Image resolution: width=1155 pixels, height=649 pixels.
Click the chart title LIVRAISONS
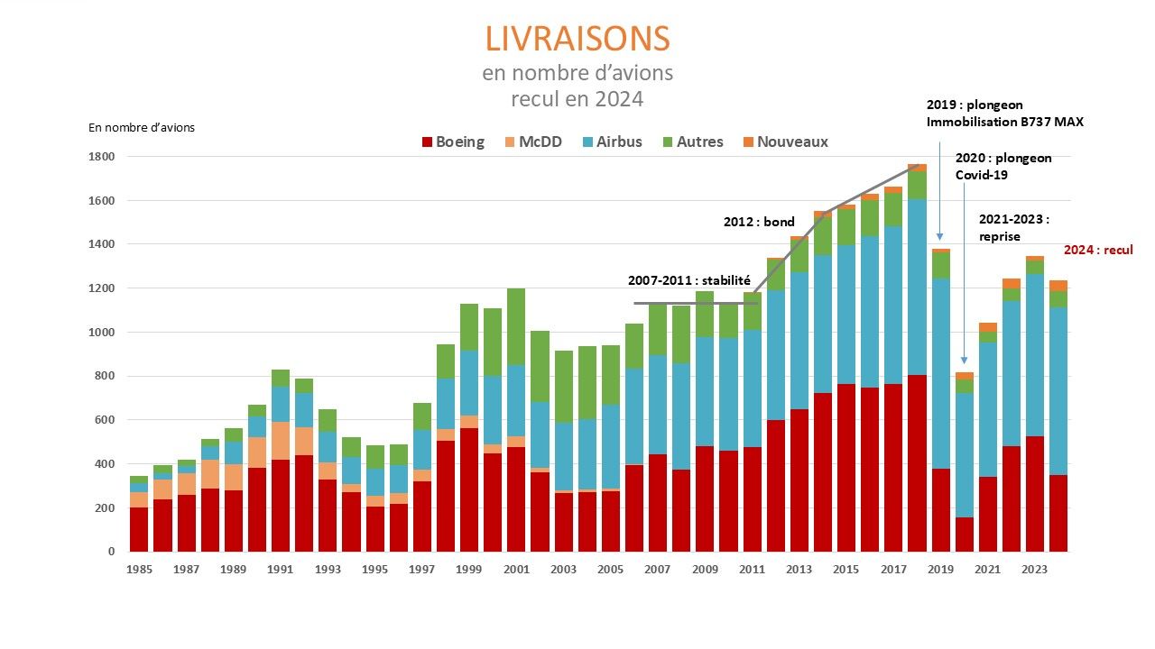[577, 39]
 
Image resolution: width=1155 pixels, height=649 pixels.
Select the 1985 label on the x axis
[138, 569]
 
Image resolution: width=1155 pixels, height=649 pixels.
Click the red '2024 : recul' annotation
[1098, 250]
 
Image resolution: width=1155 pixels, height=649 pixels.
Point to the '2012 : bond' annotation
[759, 221]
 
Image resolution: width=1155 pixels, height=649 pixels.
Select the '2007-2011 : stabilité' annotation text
[689, 280]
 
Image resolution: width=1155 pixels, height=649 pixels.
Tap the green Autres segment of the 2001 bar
[516, 326]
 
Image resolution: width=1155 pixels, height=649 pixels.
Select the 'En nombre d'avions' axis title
[142, 127]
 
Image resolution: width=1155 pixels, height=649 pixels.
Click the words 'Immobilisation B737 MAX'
[1004, 122]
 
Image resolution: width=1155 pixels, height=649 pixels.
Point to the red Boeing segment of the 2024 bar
[1058, 513]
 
